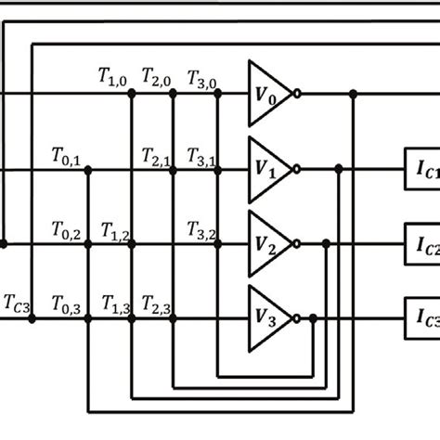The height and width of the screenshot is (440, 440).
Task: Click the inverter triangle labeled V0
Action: pyautogui.click(x=266, y=93)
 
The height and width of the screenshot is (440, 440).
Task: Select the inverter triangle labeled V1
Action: pyautogui.click(x=266, y=169)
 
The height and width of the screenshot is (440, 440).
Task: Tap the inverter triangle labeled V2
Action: pyautogui.click(x=266, y=245)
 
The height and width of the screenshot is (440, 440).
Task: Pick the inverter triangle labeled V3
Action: pyautogui.click(x=266, y=318)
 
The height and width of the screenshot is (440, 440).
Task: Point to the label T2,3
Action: pyautogui.click(x=159, y=303)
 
